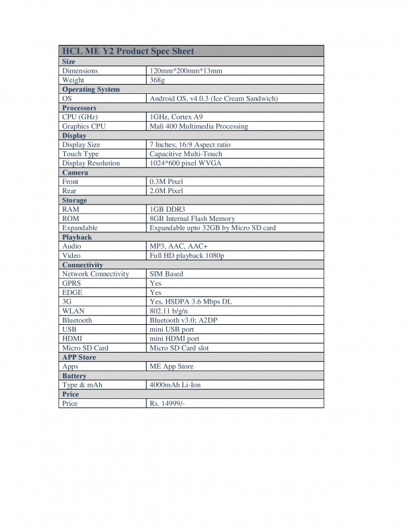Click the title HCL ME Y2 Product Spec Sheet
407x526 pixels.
[128, 51]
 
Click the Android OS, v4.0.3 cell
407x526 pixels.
[213, 99]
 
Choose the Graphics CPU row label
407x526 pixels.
[84, 126]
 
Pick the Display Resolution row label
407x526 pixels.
[91, 163]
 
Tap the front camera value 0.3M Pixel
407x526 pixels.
[166, 181]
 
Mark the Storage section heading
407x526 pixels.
[74, 200]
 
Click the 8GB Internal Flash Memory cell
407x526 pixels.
[192, 218]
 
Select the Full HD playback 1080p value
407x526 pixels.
[187, 255]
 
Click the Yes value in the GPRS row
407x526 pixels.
[156, 283]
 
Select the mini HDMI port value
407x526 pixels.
[174, 338]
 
